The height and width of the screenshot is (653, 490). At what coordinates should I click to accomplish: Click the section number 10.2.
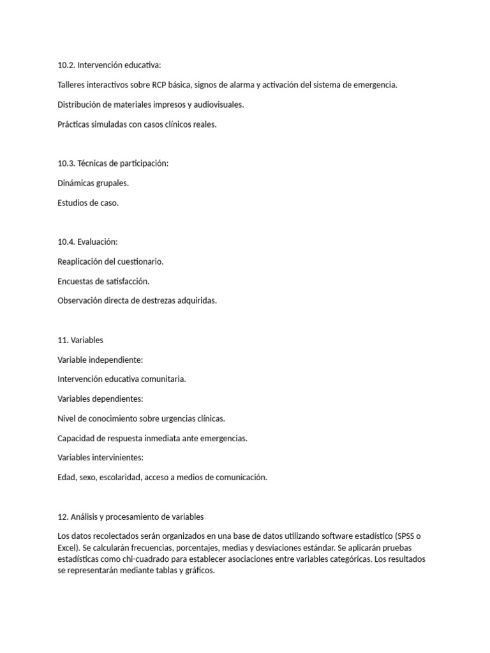66,65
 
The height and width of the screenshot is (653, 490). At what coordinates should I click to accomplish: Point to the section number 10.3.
66,163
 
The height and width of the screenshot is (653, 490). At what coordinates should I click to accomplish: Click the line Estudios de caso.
88,203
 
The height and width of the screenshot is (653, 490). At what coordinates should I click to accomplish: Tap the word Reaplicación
82,261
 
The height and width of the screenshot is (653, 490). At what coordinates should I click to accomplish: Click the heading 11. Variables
80,340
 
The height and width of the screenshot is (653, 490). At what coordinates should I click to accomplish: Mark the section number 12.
63,516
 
